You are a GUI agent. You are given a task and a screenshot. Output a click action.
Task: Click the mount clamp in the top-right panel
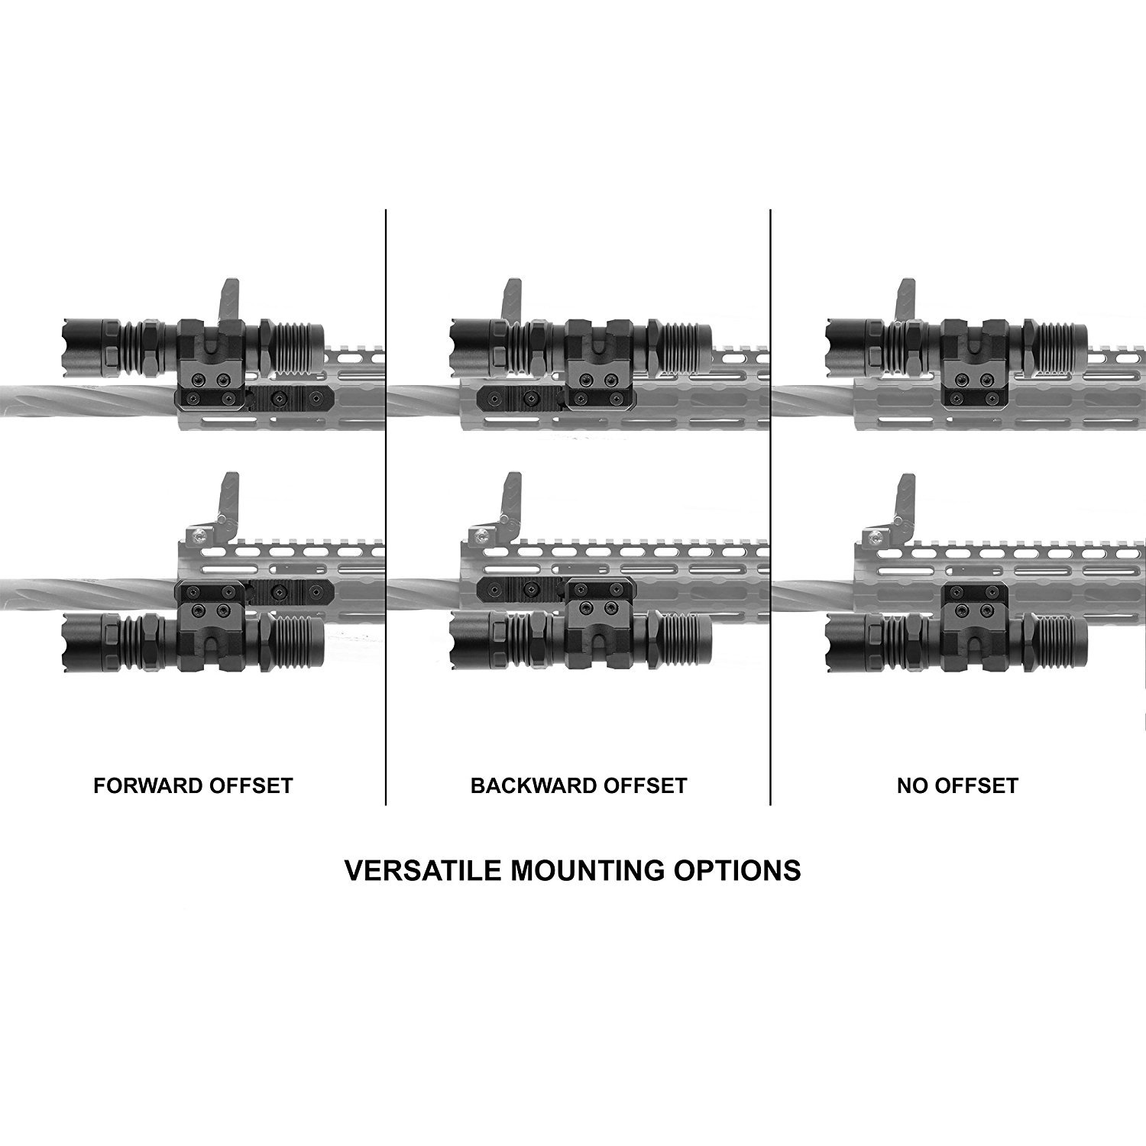(x=973, y=359)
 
